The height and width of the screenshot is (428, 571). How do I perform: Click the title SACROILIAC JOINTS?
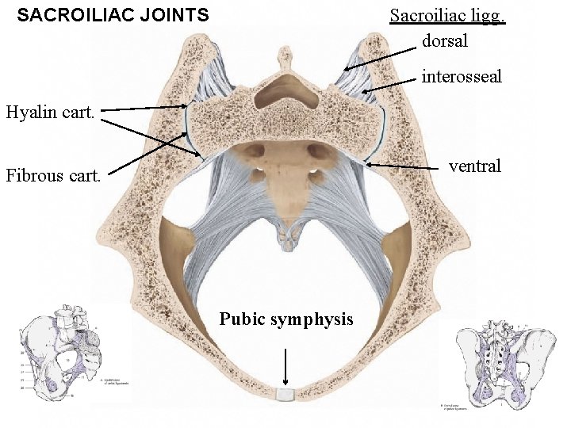coord(113,15)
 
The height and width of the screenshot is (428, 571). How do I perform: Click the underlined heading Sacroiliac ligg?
coord(447,16)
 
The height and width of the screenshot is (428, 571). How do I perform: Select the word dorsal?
coord(445,40)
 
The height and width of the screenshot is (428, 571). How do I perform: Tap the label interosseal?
coord(462,77)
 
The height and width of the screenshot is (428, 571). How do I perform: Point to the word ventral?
coord(475,166)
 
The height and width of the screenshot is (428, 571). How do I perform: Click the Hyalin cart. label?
coord(50,113)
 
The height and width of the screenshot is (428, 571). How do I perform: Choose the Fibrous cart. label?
coord(53,175)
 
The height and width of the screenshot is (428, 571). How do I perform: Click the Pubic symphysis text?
coord(286,319)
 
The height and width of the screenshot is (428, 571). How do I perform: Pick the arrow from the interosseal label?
coord(389,84)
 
